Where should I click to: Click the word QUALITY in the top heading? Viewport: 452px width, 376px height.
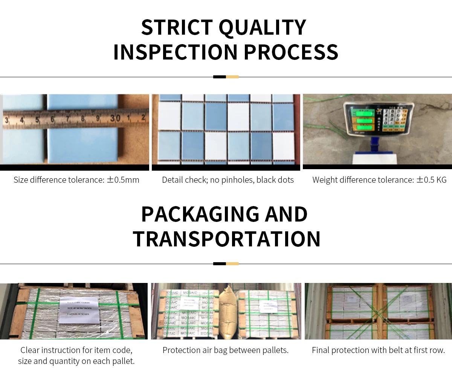click(x=263, y=27)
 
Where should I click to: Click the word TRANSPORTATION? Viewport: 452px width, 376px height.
click(x=226, y=239)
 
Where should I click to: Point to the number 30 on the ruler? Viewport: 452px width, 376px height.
click(x=115, y=118)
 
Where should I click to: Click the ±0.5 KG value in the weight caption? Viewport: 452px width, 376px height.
click(x=431, y=180)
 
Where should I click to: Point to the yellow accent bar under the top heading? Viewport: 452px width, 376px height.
click(x=232, y=77)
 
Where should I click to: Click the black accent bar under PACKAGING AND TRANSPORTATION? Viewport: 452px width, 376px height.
click(x=219, y=264)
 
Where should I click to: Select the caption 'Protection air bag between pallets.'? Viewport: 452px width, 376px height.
click(x=225, y=350)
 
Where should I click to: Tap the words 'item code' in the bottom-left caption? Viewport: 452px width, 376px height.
click(x=114, y=350)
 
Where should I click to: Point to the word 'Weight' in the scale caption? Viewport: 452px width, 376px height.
click(x=325, y=180)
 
